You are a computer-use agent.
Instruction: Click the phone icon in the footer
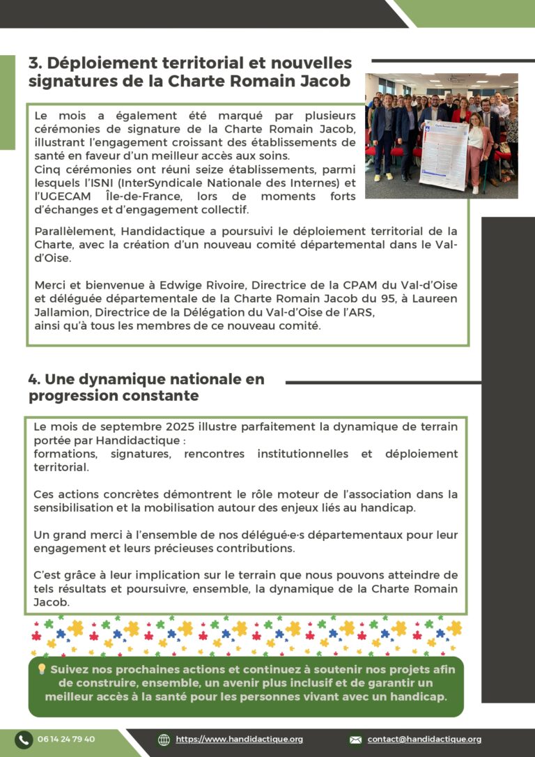click(x=24, y=740)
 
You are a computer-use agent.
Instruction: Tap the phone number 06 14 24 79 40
click(x=66, y=740)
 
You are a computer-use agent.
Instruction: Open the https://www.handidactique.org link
click(x=239, y=740)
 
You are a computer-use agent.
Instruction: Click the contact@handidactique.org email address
click(x=424, y=740)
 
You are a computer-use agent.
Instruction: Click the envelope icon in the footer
click(x=355, y=740)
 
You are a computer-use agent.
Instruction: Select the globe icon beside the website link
click(x=164, y=740)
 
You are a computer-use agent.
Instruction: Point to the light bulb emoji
click(x=41, y=669)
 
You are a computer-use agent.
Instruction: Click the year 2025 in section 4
click(x=181, y=427)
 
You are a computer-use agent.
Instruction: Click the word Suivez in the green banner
click(x=70, y=669)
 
